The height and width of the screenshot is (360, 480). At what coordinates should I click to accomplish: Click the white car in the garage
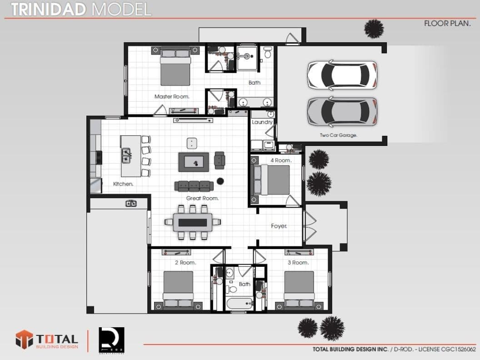click(342, 75)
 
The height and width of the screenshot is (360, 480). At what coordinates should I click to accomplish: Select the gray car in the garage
click(342, 111)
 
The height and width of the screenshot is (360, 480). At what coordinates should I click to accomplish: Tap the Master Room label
click(172, 96)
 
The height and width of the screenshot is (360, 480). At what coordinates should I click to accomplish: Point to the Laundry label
click(262, 122)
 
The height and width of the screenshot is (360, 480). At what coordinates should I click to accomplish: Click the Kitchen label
click(123, 184)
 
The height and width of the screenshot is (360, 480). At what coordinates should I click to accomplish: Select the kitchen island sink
click(126, 155)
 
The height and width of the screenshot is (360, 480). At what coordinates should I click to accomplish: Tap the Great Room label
click(202, 198)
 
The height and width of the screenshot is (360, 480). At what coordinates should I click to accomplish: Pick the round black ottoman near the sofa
click(220, 181)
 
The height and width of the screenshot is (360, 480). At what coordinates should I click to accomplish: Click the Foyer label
click(279, 226)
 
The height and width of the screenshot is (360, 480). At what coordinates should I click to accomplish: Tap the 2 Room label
click(185, 263)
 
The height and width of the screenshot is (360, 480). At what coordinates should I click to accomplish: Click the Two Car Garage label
click(339, 135)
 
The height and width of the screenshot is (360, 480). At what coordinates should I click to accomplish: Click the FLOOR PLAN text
click(447, 24)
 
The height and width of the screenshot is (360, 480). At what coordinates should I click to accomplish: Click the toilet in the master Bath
click(268, 53)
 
